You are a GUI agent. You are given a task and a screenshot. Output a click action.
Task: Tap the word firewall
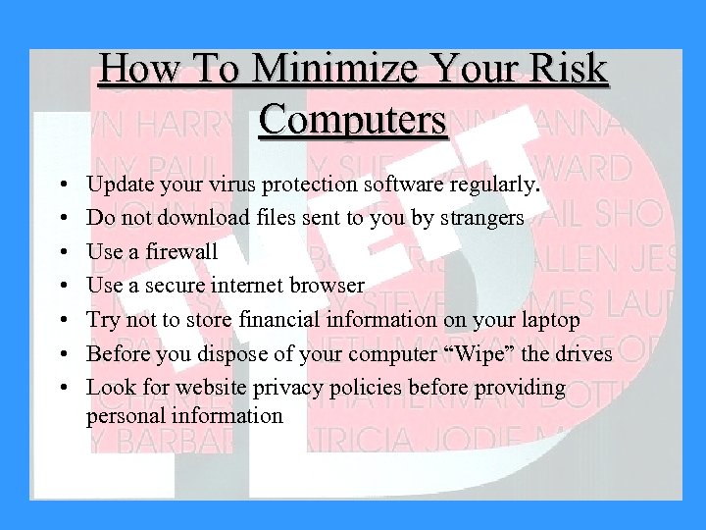[180, 251]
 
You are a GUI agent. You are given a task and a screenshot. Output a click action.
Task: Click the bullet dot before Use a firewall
[62, 252]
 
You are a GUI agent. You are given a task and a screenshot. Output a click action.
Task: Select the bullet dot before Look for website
[62, 388]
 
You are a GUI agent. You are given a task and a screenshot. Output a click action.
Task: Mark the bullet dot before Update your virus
[62, 185]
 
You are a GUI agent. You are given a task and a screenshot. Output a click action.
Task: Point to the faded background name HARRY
[176, 126]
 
